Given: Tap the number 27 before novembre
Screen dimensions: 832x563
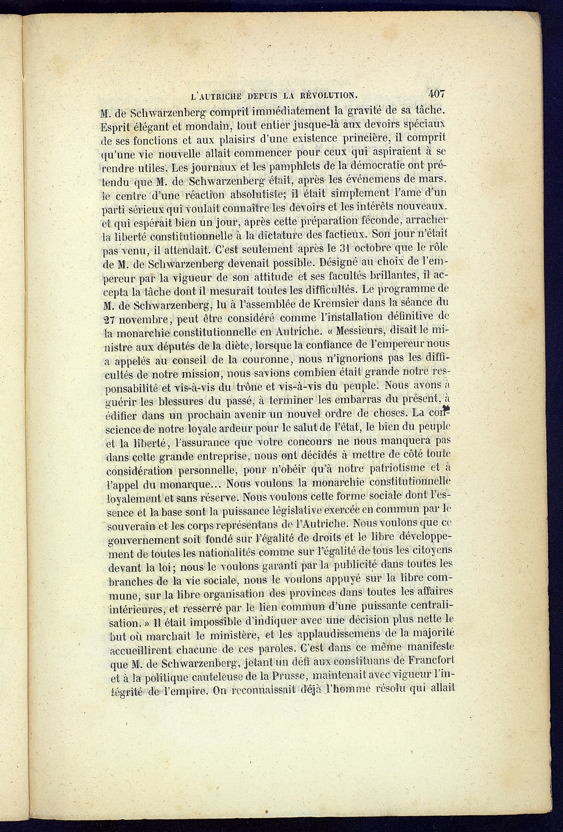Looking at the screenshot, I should (x=113, y=319).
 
